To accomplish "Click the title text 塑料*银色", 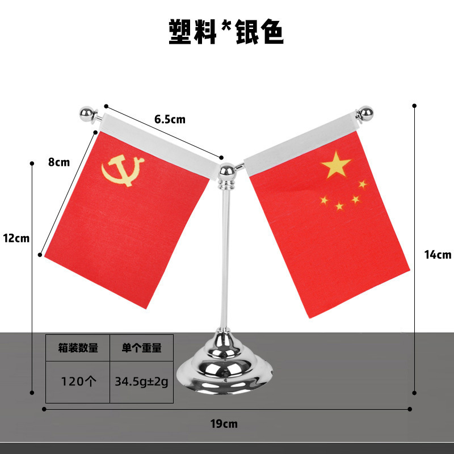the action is tap(226, 32).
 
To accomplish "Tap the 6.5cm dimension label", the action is tap(170, 119).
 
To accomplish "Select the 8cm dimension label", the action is tap(58, 162).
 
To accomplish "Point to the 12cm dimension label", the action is tap(16, 238).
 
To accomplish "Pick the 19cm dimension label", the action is tap(224, 423).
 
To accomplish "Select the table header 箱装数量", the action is tap(78, 348).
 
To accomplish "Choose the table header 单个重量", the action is tap(141, 348).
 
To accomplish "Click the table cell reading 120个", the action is tap(78, 381).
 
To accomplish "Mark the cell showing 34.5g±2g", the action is tap(141, 381).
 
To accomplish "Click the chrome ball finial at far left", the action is tap(87, 113).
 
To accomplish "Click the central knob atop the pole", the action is tap(226, 172).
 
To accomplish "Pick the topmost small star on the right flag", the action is tap(363, 184).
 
